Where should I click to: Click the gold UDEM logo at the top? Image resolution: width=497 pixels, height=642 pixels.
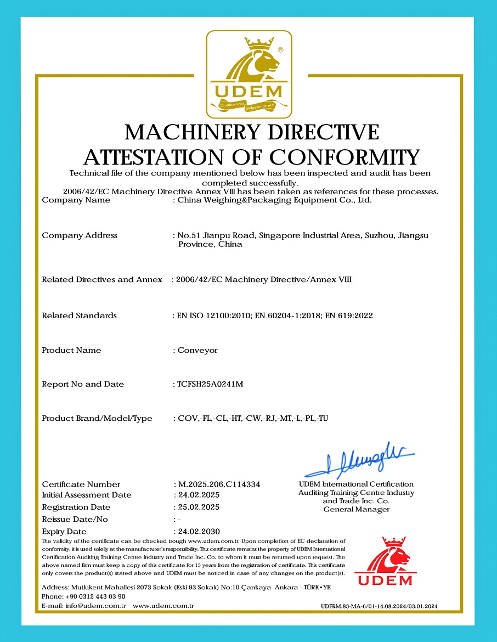pyautogui.click(x=248, y=74)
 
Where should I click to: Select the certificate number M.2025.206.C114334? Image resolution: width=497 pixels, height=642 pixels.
pyautogui.click(x=219, y=485)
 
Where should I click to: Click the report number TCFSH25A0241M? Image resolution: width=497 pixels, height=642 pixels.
pyautogui.click(x=210, y=384)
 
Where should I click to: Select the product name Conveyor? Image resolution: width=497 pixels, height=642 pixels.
pyautogui.click(x=198, y=350)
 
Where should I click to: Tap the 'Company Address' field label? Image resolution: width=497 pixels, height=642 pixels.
pyautogui.click(x=80, y=235)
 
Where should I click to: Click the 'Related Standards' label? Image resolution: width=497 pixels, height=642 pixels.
pyautogui.click(x=79, y=316)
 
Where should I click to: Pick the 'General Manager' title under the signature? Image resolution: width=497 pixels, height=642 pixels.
pyautogui.click(x=356, y=510)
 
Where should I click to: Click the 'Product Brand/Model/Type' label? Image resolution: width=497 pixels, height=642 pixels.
pyautogui.click(x=97, y=418)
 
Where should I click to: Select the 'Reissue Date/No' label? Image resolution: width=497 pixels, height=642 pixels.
pyautogui.click(x=75, y=519)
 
